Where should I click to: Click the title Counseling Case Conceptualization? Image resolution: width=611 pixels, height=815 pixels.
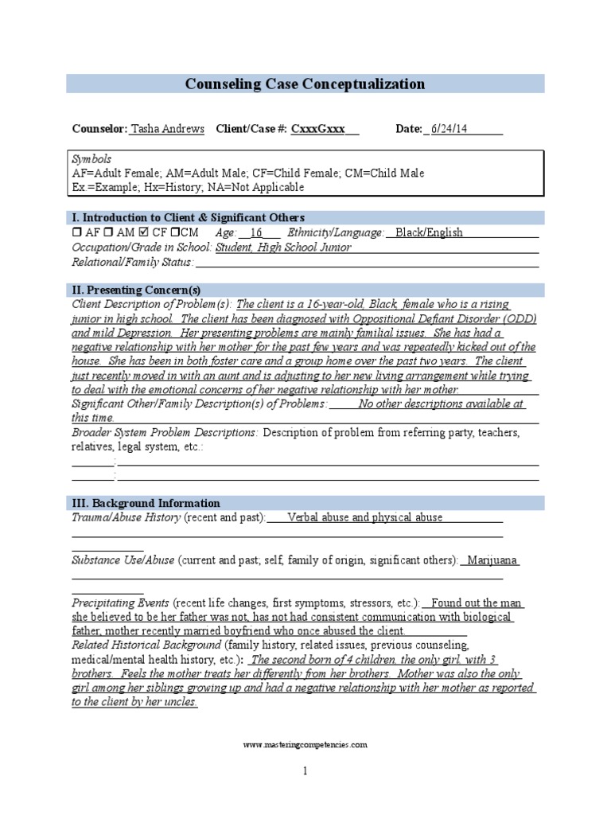pos(305,84)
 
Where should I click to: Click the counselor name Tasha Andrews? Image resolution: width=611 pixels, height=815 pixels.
pos(167,129)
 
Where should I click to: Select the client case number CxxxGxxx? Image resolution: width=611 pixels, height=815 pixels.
pos(318,129)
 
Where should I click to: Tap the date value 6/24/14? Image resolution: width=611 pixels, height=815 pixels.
pos(449,129)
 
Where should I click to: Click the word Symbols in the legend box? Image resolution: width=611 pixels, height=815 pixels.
pos(91,159)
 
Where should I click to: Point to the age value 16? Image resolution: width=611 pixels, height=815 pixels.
pos(255,232)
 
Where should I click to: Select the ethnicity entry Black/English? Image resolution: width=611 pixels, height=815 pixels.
pos(429,232)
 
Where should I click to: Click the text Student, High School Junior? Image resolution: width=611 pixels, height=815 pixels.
pos(283,247)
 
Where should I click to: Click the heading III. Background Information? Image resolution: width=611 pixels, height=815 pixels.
pos(146,503)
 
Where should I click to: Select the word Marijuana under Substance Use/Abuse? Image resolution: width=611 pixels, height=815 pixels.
pos(492,560)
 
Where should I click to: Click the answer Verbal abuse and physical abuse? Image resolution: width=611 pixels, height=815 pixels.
pos(364,517)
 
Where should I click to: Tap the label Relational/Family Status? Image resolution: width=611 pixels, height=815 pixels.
pos(132,261)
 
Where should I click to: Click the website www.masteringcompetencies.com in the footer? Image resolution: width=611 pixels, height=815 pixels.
pos(305,745)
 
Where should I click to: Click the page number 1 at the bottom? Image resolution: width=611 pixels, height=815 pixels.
pos(305,771)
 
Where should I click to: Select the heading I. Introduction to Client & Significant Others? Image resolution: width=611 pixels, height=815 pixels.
pos(188,217)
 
